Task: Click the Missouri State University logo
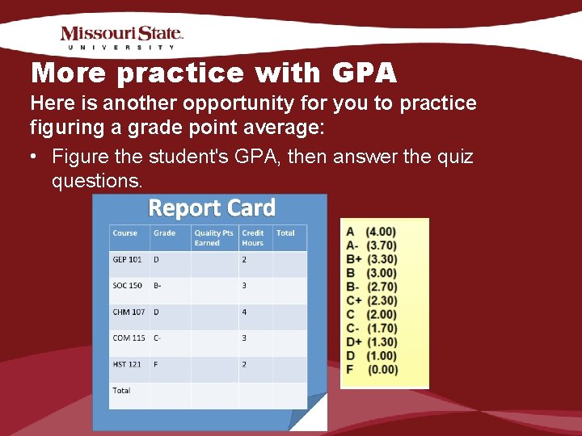click(x=121, y=38)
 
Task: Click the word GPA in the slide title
click(x=364, y=73)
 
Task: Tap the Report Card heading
click(x=212, y=208)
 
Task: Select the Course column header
click(x=125, y=233)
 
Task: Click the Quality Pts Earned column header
click(x=213, y=237)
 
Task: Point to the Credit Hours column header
click(x=253, y=237)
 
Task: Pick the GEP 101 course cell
click(x=127, y=260)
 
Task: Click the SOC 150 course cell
click(x=127, y=286)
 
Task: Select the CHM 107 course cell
click(x=129, y=312)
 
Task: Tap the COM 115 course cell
click(x=129, y=338)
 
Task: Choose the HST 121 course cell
click(x=127, y=364)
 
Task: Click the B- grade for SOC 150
click(x=158, y=286)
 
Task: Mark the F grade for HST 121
click(x=156, y=364)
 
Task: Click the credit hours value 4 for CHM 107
click(x=244, y=312)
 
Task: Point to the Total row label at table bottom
click(x=121, y=391)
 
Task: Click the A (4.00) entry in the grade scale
click(x=371, y=232)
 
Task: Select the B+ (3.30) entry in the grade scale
click(x=371, y=259)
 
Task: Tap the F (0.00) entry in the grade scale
click(x=371, y=370)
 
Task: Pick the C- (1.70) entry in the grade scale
click(x=371, y=329)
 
